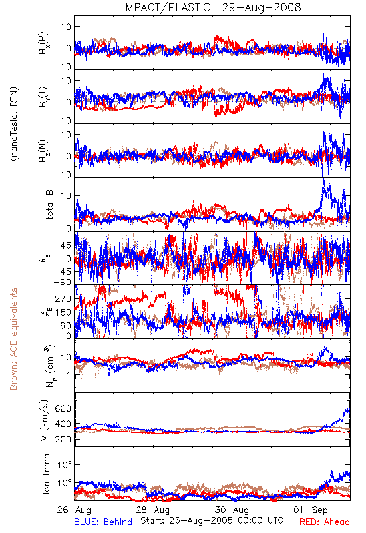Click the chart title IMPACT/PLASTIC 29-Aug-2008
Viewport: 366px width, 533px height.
(212, 7)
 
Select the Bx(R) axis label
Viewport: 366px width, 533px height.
(43, 43)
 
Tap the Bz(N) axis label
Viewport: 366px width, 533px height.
(43, 151)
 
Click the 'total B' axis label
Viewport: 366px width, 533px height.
(49, 205)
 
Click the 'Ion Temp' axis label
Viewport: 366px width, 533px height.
(46, 474)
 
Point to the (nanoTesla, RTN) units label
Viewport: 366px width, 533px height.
(14, 124)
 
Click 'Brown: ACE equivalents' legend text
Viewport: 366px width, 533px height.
(13, 339)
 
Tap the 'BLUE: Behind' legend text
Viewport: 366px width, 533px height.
(103, 522)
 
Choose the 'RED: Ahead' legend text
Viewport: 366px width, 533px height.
(325, 522)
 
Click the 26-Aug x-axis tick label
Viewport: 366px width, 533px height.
(74, 510)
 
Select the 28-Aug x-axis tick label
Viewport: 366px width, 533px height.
(153, 510)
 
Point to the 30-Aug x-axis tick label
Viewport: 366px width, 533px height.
(232, 510)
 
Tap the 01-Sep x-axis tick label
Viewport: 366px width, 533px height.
(311, 510)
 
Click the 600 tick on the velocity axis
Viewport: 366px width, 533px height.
(63, 408)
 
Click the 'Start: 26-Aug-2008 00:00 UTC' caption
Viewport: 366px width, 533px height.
(212, 520)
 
